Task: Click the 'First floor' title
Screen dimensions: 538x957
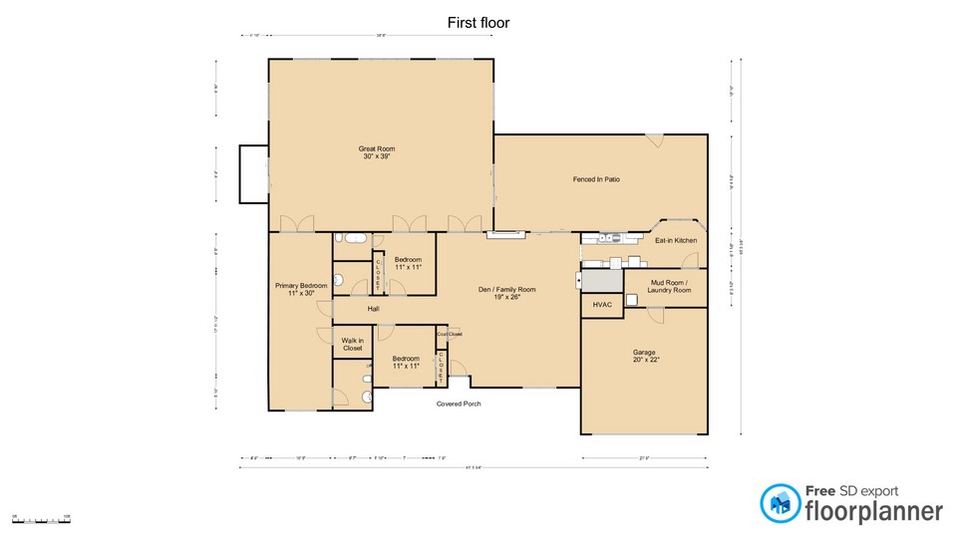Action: click(478, 22)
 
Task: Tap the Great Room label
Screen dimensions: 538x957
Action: click(377, 152)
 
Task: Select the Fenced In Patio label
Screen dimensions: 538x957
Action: click(596, 179)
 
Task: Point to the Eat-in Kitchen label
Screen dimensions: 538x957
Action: click(675, 241)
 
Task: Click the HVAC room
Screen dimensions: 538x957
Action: click(602, 305)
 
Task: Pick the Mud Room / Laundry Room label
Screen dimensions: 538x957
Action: click(669, 287)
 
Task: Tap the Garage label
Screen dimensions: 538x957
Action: click(644, 356)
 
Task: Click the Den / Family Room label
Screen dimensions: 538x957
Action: click(507, 293)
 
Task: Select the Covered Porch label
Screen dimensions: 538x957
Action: click(459, 403)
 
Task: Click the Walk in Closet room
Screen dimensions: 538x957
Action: click(352, 345)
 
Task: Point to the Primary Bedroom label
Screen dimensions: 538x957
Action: click(300, 289)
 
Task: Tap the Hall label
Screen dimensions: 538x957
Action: click(373, 309)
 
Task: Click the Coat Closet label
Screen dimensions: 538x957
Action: click(449, 335)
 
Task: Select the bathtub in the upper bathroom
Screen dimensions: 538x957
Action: click(351, 239)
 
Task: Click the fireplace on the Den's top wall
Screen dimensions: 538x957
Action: click(503, 235)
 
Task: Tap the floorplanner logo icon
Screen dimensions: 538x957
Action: click(780, 503)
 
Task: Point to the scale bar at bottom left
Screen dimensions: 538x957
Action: click(40, 520)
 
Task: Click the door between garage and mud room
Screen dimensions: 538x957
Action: click(655, 315)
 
